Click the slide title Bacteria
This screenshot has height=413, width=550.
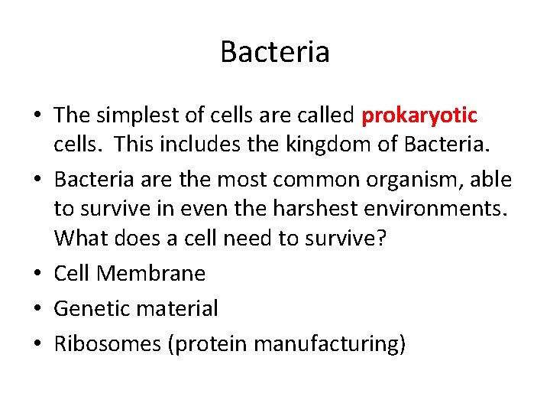coord(275,52)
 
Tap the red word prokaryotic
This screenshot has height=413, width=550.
coord(419,115)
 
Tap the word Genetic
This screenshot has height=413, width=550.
coord(91,308)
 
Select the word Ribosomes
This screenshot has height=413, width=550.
coord(106,344)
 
